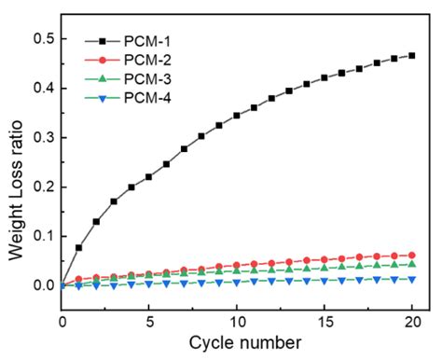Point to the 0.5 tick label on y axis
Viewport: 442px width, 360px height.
(x=42, y=38)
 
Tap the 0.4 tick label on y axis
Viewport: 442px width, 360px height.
(x=42, y=88)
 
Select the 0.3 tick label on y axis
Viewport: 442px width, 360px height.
(x=42, y=137)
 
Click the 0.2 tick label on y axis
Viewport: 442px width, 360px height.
(x=42, y=187)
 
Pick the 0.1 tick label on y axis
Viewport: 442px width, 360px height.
(x=42, y=236)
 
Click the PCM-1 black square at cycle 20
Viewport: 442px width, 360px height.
(x=411, y=56)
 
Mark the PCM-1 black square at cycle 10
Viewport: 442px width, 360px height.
(x=237, y=116)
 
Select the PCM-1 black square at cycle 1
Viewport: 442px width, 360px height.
(x=79, y=247)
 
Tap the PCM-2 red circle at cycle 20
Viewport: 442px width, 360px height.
(x=411, y=255)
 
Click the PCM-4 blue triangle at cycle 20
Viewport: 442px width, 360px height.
(x=411, y=279)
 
